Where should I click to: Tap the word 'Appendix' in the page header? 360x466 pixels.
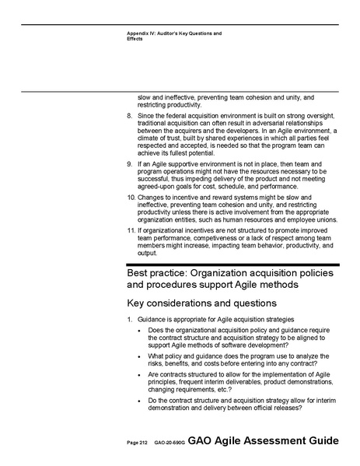pyautogui.click(x=141, y=34)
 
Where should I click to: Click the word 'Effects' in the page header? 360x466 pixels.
pyautogui.click(x=135, y=40)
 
